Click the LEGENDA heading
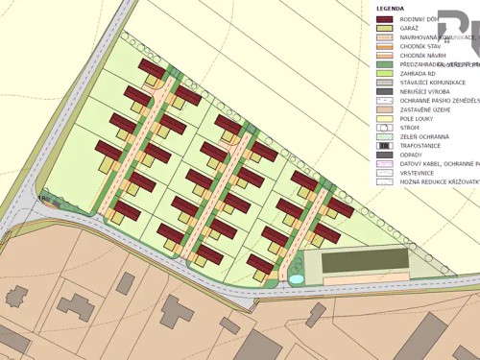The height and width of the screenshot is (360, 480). [x=391, y=8]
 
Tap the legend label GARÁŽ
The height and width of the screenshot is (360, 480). [x=411, y=29]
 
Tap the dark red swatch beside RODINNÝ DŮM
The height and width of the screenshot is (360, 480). [x=384, y=19]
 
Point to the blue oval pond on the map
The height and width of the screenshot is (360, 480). [x=297, y=278]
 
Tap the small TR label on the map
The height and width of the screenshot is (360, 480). [x=42, y=200]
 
